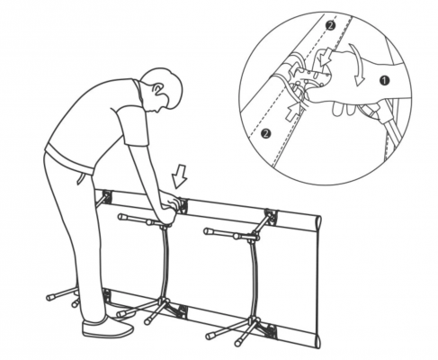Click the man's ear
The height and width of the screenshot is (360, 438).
pos(157,89)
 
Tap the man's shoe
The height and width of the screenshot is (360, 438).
pos(107,328)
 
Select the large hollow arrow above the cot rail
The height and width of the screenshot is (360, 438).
pos(180,177)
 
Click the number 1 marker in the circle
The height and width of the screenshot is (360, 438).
pos(384,80)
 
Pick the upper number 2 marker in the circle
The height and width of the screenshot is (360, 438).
pos(330,25)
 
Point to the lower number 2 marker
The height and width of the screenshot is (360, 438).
pos(265,133)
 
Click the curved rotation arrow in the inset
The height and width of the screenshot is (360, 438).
pos(358,64)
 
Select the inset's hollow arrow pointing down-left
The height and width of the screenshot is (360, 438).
pos(326,57)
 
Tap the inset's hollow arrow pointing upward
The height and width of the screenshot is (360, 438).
pos(292,111)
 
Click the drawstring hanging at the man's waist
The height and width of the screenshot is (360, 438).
pos(81,178)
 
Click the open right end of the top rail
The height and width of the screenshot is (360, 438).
pos(318,222)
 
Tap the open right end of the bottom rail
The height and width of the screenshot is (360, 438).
pos(317,341)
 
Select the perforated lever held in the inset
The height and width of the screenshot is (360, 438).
pos(312,77)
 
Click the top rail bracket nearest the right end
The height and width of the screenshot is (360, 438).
pos(271,217)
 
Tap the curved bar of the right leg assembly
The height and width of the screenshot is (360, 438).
pos(255,279)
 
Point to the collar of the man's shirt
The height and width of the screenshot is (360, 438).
pos(138,90)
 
